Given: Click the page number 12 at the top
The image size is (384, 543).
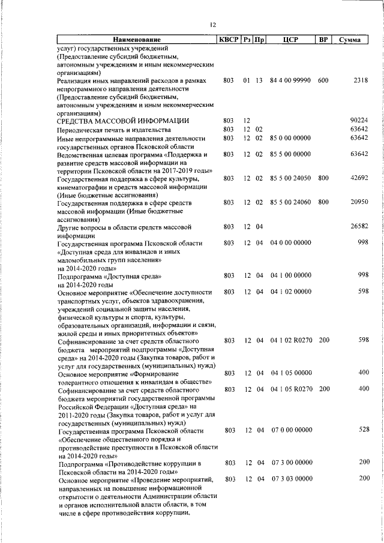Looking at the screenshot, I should [212, 25].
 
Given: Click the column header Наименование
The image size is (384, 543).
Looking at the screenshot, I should [136, 40].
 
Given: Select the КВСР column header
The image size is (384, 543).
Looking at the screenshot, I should [228, 40].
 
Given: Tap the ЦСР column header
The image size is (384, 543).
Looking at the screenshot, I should [290, 40].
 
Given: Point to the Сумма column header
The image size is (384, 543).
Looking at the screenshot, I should [349, 40].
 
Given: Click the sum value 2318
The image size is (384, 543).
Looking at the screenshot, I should [360, 80].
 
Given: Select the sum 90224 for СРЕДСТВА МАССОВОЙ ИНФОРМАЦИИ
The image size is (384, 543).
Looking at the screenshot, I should [359, 121].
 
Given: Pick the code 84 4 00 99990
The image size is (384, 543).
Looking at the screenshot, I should [290, 80].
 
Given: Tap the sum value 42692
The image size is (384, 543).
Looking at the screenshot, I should [359, 178].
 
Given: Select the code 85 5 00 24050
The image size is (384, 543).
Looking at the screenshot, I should [290, 178].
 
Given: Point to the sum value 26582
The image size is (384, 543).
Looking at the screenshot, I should [359, 227].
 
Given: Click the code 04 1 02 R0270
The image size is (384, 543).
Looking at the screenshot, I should [290, 340].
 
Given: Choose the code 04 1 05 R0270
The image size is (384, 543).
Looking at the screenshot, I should [290, 389].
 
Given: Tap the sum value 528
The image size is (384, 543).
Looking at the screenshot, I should [362, 430].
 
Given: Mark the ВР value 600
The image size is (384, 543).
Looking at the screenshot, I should [323, 80].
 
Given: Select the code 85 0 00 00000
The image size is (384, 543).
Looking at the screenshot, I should [290, 138].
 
